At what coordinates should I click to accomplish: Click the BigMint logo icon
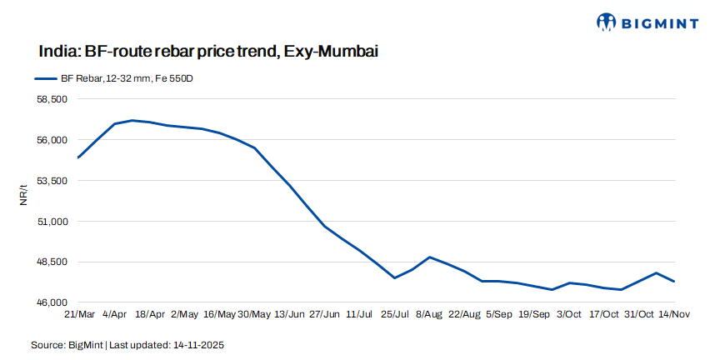pos(607,22)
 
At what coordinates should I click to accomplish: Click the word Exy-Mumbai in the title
pos(331,52)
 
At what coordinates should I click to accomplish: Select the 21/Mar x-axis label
pos(79,314)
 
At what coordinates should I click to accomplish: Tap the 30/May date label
pos(255,314)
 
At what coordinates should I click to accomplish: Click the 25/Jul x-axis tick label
pos(394,314)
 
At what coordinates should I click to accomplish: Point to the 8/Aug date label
pos(429,314)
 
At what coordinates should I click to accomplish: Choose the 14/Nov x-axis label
pos(673,314)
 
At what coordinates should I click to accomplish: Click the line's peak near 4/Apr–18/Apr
pos(132,120)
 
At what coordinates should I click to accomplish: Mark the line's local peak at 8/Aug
pos(429,257)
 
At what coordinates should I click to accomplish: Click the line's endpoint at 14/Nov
pos(673,282)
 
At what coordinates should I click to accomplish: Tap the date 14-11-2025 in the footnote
pos(197,344)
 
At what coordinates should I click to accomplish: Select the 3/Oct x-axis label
pos(569,314)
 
